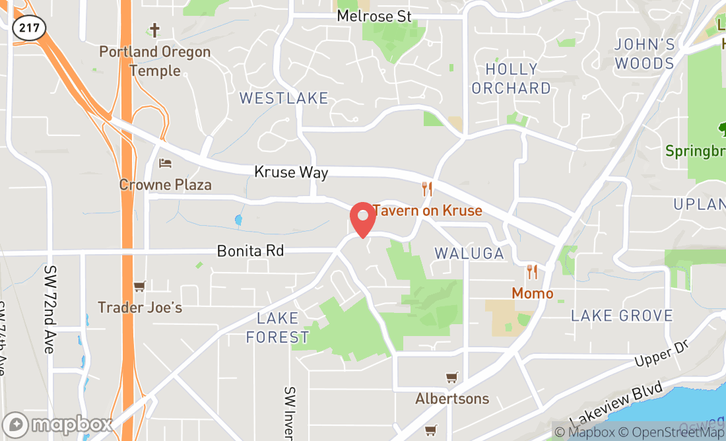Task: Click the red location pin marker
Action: (362, 219)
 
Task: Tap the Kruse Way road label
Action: (291, 172)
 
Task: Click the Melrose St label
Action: (374, 16)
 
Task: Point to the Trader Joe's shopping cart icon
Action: (139, 287)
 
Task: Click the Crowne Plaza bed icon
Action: (165, 163)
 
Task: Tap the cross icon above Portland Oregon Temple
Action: (154, 30)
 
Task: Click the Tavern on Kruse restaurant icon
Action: (427, 189)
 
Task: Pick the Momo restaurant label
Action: (532, 293)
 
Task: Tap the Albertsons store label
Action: (452, 399)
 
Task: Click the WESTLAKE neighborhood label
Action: (283, 98)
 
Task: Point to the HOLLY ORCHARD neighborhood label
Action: (511, 79)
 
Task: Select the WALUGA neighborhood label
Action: (469, 254)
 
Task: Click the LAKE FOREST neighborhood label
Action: (277, 328)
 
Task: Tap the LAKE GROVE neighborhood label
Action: (622, 316)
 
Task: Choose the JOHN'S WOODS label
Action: (644, 54)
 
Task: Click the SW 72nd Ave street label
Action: (49, 309)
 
